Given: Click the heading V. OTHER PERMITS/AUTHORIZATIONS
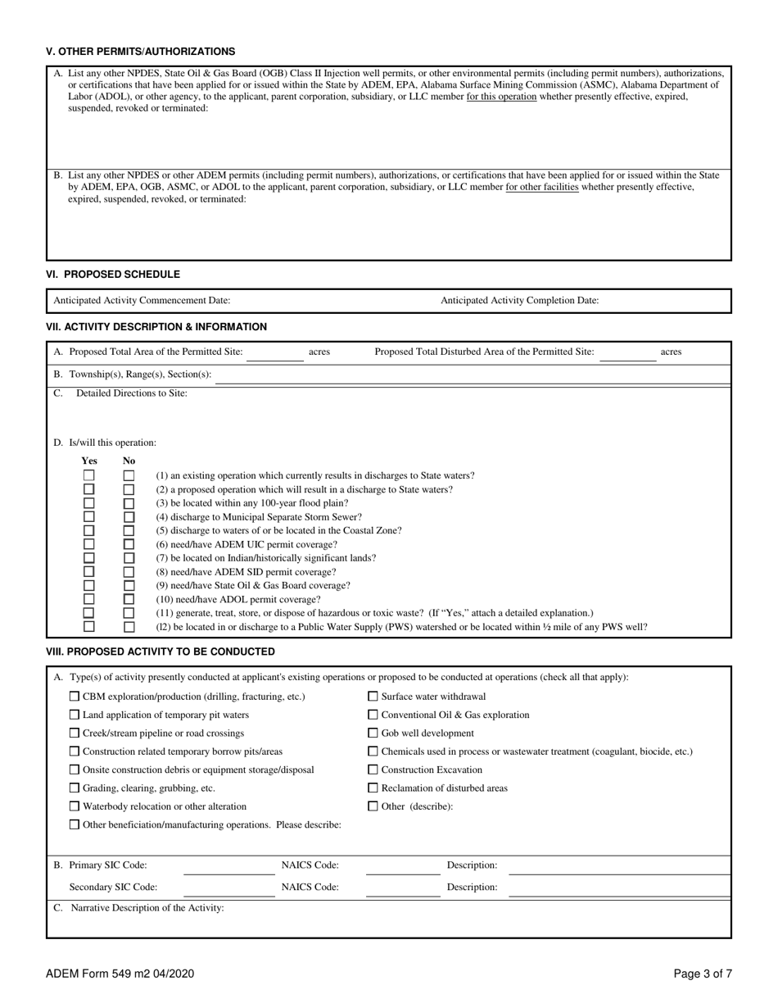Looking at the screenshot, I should coord(140,52).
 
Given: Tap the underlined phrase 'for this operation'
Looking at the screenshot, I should coord(501,96).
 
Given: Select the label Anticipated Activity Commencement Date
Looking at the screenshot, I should coord(142,301).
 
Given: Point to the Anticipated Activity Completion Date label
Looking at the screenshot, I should coord(519,301).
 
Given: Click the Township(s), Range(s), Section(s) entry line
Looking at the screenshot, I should coord(472,376).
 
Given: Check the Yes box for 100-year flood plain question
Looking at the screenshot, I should coord(88,503).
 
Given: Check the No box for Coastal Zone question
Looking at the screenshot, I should coord(129,530).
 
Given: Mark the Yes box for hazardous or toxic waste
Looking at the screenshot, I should coord(88,613).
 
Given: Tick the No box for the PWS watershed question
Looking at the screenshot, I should coord(129,627).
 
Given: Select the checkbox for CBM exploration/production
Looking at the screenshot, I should coord(75,697).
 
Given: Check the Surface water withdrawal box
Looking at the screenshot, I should coord(373,697).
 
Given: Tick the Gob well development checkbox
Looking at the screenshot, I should coord(373,733).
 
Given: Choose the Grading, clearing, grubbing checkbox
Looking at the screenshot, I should coord(75,788).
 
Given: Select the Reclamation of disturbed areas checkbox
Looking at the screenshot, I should coord(373,788).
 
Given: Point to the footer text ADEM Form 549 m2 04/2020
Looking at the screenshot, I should coord(120,974).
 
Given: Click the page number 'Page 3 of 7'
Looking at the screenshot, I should coord(703,974).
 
